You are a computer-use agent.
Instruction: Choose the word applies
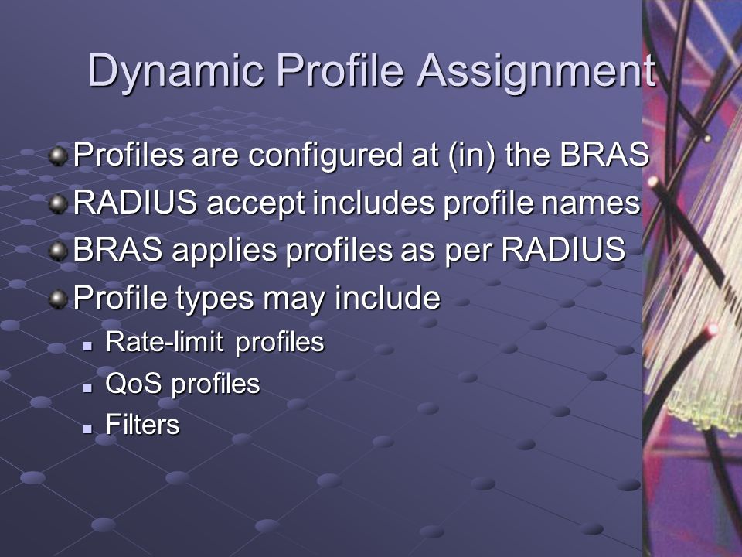[x=224, y=251]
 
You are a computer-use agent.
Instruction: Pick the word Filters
[x=142, y=425]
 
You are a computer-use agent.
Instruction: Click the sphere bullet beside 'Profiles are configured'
[x=58, y=156]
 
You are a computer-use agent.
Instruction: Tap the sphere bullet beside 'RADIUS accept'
[x=58, y=204]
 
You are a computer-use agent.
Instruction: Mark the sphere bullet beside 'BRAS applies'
[x=58, y=251]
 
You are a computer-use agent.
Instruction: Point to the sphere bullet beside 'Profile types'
[x=58, y=299]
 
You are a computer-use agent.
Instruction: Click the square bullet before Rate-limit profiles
[x=87, y=347]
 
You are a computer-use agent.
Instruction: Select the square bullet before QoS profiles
[x=87, y=388]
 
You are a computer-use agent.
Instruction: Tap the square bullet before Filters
[x=87, y=429]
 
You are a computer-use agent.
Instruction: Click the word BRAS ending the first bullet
[x=604, y=155]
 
